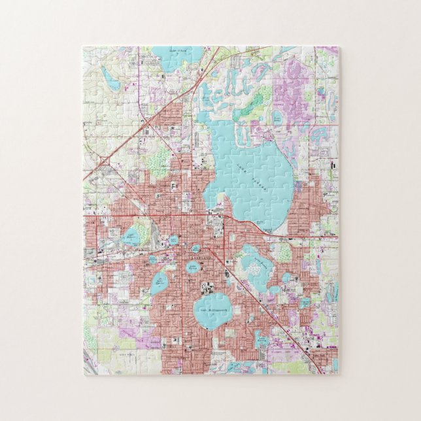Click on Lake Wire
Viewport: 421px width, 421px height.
173,241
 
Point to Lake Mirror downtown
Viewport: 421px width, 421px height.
196,249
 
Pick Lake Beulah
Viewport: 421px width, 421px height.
152,260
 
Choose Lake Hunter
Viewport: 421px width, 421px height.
160,284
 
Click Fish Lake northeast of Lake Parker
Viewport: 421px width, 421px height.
277,118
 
